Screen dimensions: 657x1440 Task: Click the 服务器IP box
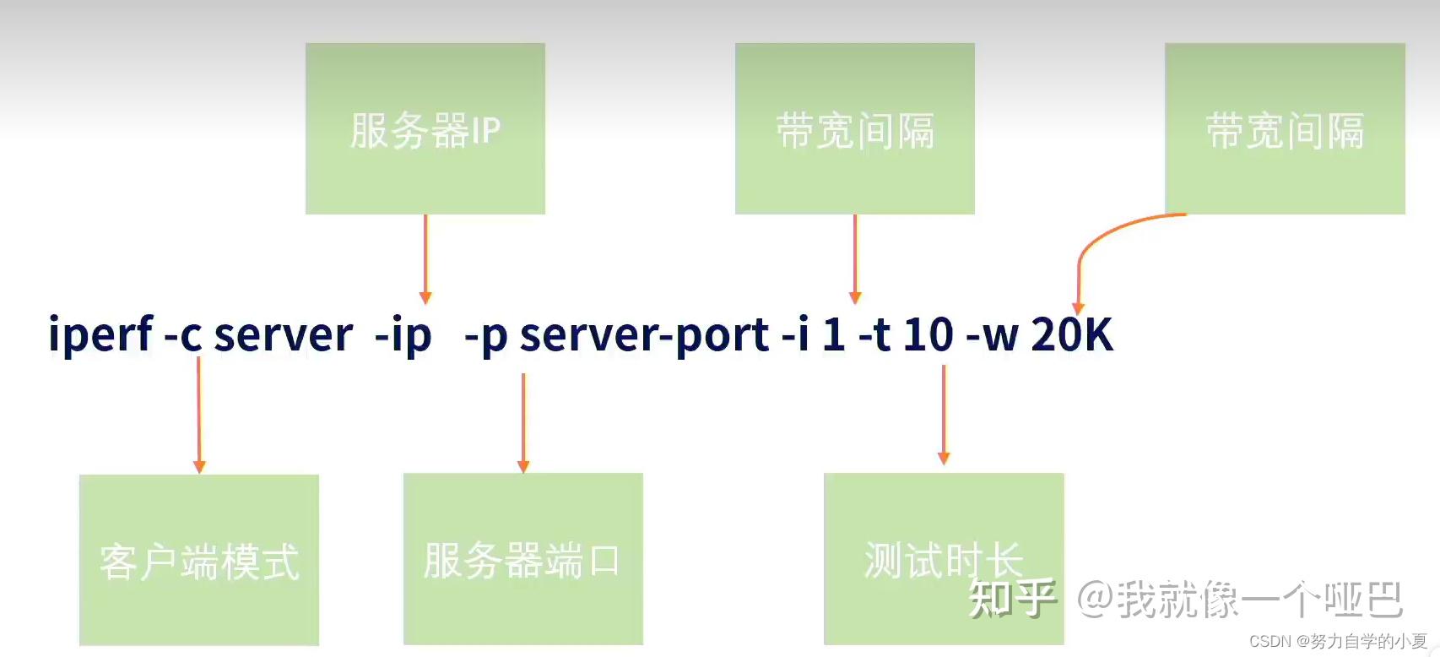pos(425,128)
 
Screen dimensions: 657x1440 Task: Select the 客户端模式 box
pos(199,560)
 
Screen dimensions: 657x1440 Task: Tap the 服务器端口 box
pos(522,558)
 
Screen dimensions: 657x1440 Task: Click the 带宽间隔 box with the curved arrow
pos(1284,128)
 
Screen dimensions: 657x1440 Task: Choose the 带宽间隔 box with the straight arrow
pos(854,128)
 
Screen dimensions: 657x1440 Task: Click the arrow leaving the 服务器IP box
pos(425,258)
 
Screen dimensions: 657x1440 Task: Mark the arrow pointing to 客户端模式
pos(199,414)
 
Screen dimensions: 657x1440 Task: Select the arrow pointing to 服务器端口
pos(523,422)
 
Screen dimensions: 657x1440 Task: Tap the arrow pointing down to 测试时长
pos(944,414)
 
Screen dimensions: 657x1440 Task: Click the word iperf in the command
pos(100,335)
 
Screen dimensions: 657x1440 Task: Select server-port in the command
pos(644,335)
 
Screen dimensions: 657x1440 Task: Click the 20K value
pos(1072,335)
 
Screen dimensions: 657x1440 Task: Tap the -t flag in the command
pos(874,335)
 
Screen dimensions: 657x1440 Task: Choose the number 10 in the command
pos(928,335)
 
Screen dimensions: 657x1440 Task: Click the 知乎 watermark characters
pos(1012,599)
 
